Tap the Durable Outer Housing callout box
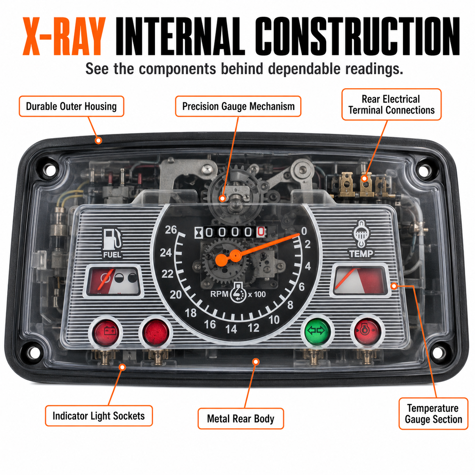(72, 106)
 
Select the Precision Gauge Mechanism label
(238, 106)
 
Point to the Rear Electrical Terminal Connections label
(391, 105)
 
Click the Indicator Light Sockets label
(99, 416)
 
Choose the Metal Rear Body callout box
(241, 419)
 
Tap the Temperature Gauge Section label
(433, 414)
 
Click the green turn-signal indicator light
(317, 331)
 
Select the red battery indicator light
(106, 332)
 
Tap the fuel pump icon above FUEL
(112, 238)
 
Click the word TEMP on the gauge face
(361, 253)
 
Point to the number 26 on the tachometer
(171, 230)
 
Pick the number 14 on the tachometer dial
(231, 329)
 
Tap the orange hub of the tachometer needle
(221, 260)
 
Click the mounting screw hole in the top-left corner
(51, 169)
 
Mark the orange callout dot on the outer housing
(98, 141)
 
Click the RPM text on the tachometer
(219, 294)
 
